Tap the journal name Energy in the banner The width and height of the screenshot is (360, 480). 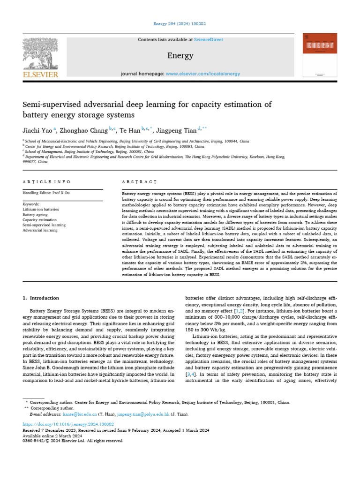(180, 56)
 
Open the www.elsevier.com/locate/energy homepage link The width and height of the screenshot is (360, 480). (203, 74)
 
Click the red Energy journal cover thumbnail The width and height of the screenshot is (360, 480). (320, 55)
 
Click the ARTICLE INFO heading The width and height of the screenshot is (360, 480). (47, 181)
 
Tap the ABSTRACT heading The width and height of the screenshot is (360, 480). (139, 181)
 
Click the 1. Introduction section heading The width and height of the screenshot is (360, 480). (41, 298)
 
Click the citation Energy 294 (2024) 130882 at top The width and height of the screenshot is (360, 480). (180, 24)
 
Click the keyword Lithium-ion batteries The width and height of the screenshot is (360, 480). (41, 209)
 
